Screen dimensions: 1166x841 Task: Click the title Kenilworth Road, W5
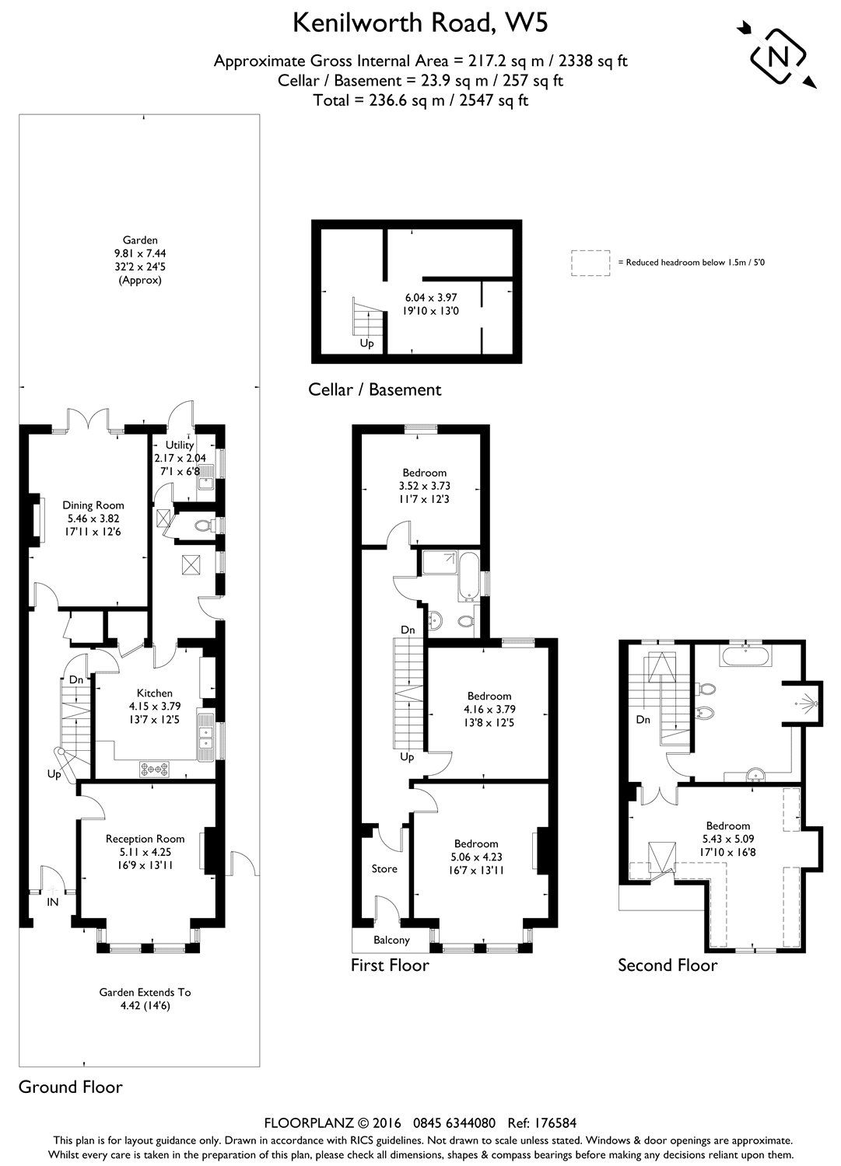point(420,23)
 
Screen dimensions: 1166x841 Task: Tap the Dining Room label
point(93,505)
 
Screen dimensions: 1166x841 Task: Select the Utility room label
point(179,445)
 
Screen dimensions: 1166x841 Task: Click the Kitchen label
point(155,693)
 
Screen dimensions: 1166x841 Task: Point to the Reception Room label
point(145,838)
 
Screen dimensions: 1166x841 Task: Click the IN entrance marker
point(53,902)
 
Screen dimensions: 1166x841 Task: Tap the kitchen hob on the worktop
point(156,769)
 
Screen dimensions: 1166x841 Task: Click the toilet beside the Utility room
point(202,526)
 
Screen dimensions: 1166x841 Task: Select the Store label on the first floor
point(384,868)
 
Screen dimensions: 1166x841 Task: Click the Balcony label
point(391,940)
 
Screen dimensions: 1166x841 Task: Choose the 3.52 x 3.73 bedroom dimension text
point(425,486)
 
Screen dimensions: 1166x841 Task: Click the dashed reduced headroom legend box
point(590,262)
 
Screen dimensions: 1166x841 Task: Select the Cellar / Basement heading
point(375,389)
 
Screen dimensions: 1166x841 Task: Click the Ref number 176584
point(553,1122)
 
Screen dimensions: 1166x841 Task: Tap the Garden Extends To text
point(145,992)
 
